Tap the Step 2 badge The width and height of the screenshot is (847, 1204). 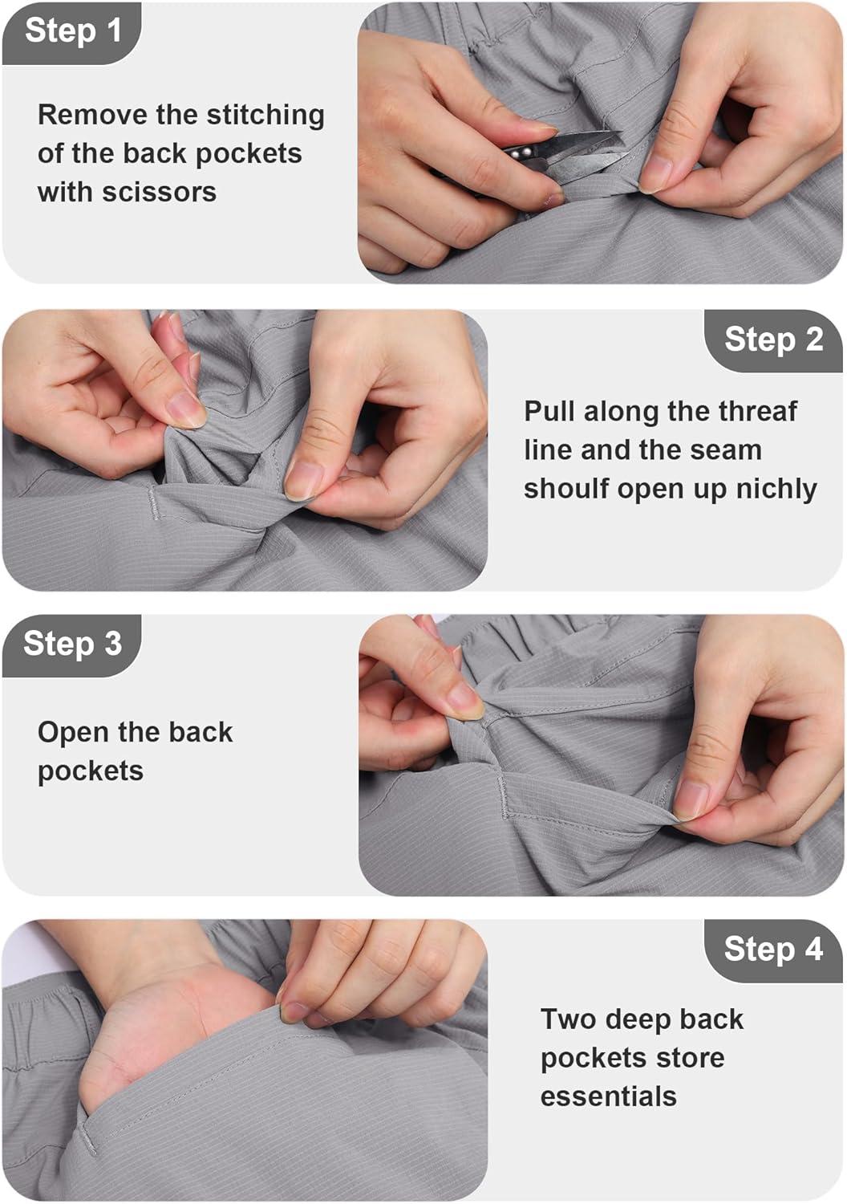pos(773,341)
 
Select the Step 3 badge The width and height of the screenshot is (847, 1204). pos(72,645)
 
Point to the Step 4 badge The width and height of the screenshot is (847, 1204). pos(773,950)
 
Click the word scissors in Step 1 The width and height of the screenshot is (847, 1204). pos(160,192)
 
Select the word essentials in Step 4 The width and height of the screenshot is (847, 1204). pos(608,1096)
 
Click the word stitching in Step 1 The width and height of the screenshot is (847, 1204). pos(265,116)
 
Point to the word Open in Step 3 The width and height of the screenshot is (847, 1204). pos(73,733)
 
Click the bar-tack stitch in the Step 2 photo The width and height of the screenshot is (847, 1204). pos(153,502)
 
